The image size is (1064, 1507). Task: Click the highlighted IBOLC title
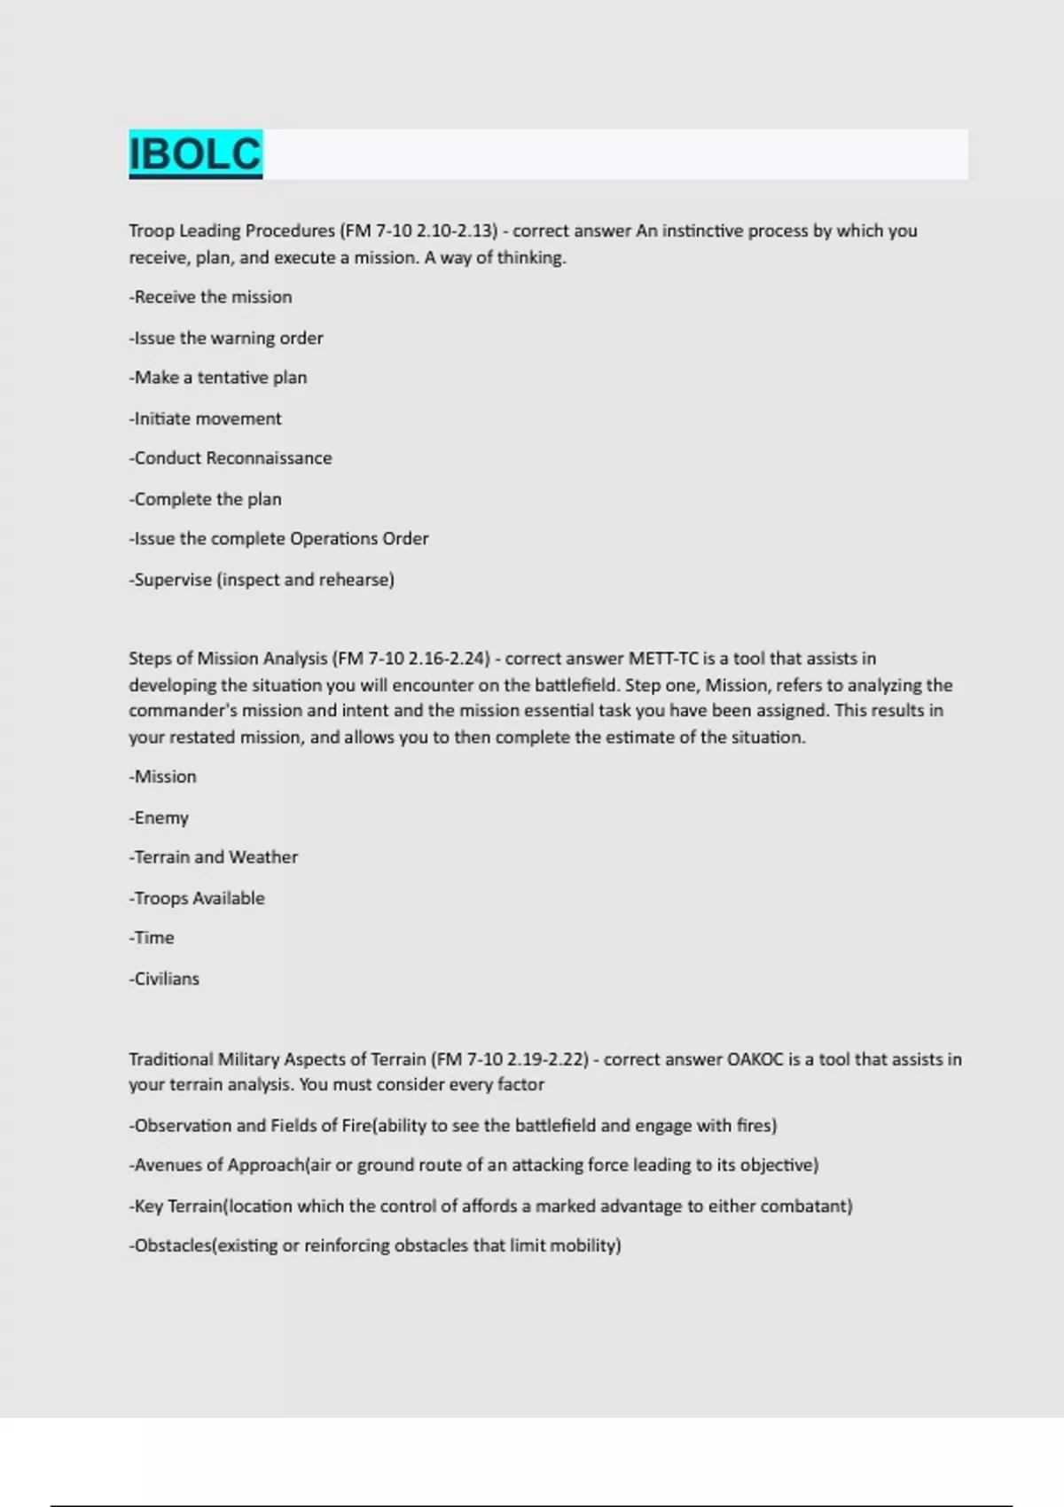tap(195, 154)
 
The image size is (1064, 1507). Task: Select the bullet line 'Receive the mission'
tap(212, 297)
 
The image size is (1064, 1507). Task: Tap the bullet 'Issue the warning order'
tap(228, 338)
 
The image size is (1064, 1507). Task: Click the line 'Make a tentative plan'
tap(219, 378)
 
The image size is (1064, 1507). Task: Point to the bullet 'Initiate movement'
tap(207, 418)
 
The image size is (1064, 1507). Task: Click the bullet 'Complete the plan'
tap(207, 499)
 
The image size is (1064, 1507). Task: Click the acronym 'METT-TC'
tap(663, 659)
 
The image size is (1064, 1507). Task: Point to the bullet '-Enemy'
tap(160, 817)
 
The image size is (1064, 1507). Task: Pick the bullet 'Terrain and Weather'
tap(215, 857)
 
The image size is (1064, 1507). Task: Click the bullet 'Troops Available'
tap(198, 898)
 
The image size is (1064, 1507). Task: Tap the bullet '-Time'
tap(153, 938)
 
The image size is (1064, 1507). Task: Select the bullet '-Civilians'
tap(165, 979)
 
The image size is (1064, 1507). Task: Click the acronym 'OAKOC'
tap(755, 1059)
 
